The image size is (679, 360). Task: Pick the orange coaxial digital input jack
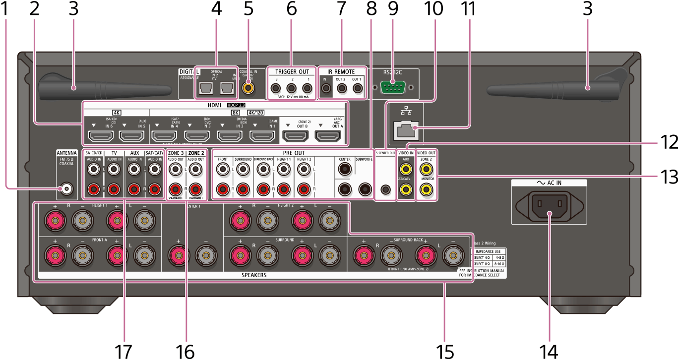(247, 88)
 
